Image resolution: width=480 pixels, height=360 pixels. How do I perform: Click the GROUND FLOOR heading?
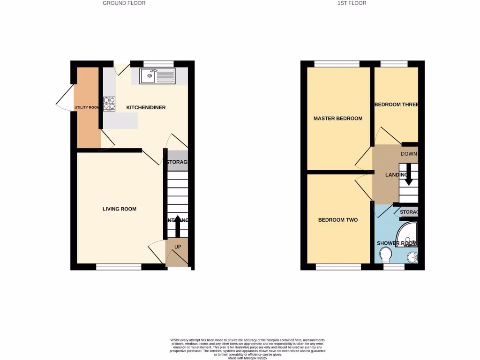124,3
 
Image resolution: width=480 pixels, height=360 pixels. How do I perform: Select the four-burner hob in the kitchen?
109,103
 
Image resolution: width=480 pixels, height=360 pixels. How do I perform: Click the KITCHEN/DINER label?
146,108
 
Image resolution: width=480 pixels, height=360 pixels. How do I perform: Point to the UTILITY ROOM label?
87,108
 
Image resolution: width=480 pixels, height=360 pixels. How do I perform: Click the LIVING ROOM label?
120,209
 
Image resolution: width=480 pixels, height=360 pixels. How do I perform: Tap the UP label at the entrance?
178,247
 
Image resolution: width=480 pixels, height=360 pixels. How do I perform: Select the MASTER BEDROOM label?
338,119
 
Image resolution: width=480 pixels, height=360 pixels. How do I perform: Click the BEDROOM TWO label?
338,220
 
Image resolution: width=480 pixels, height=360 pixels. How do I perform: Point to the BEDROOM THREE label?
396,105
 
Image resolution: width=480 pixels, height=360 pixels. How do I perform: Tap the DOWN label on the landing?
409,154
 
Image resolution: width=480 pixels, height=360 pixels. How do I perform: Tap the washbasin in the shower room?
412,256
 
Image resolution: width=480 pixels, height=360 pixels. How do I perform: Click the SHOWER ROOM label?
397,243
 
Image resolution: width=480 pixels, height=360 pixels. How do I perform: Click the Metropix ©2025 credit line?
247,358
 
